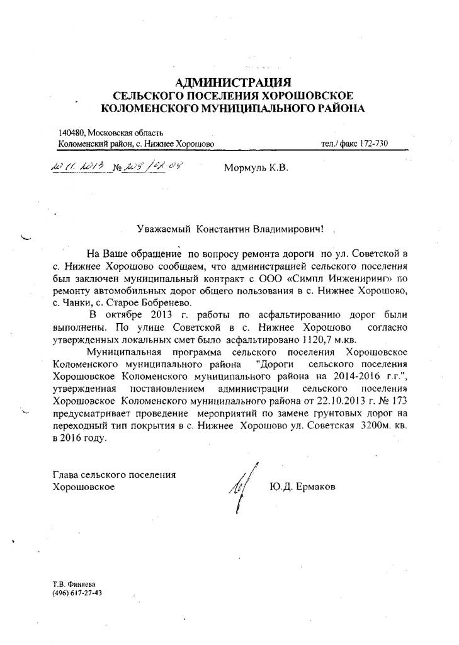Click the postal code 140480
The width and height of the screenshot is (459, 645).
tap(71, 132)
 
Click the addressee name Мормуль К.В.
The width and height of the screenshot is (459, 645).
tap(256, 168)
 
